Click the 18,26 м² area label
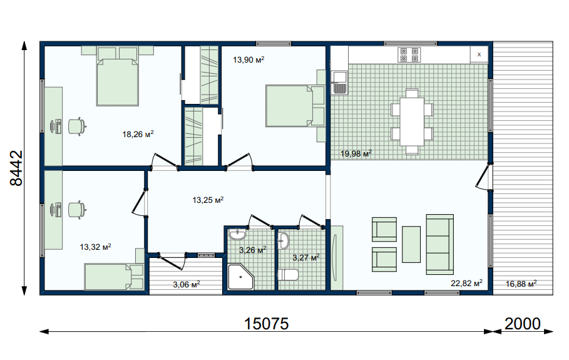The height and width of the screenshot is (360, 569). tap(138, 134)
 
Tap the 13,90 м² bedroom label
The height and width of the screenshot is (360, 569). tap(249, 59)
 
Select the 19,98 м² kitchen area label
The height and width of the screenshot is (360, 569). tap(356, 154)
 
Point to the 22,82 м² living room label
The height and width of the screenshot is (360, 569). tap(467, 283)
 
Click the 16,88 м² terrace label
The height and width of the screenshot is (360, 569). tap(521, 284)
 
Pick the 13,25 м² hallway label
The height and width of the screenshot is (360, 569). tap(208, 200)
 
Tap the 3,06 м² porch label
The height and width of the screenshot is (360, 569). tap(187, 284)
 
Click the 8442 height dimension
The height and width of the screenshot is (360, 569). tap(16, 168)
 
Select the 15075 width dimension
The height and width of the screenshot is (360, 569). tap(267, 324)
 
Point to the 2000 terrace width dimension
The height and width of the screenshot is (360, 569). tap(523, 324)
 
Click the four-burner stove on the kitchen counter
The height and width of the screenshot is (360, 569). tap(409, 55)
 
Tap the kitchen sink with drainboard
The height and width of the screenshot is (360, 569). tap(339, 83)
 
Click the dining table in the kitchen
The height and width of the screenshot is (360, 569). tap(412, 121)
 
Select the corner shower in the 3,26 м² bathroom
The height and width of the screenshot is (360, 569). tap(240, 277)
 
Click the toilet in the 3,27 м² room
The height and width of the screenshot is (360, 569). tap(288, 275)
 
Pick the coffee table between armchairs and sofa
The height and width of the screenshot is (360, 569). tap(411, 244)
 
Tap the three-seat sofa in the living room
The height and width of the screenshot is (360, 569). tap(440, 244)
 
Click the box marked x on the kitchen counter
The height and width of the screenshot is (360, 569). tap(479, 54)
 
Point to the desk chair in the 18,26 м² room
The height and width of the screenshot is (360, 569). tap(77, 126)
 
